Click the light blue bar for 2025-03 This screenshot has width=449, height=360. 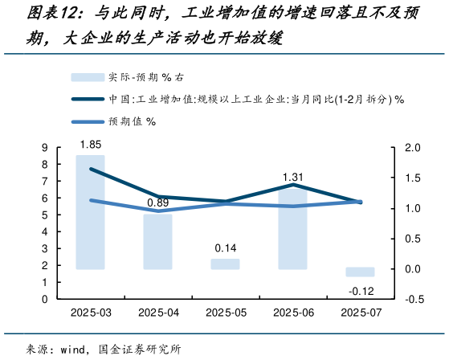(x=90, y=212)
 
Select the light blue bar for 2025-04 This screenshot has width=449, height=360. (x=157, y=241)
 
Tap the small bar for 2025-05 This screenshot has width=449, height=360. (x=225, y=264)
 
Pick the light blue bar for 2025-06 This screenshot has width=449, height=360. (x=292, y=228)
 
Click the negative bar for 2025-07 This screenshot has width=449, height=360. (x=360, y=272)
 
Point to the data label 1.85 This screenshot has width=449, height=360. (x=90, y=145)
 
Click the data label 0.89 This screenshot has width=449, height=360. (x=157, y=202)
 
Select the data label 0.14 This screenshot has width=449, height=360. (x=225, y=247)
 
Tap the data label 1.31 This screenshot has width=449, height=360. (x=292, y=177)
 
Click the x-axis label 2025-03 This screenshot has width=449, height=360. (x=90, y=313)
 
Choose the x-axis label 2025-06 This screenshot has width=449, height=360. (x=292, y=313)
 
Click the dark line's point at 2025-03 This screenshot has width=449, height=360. (x=90, y=169)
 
